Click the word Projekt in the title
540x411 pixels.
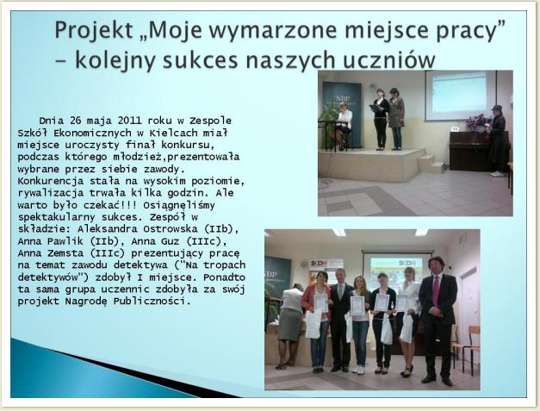pyautogui.click(x=94, y=30)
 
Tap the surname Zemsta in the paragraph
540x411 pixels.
pyautogui.click(x=66, y=252)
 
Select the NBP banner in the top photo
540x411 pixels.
pyautogui.click(x=342, y=114)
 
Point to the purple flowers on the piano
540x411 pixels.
pyautogui.click(x=478, y=122)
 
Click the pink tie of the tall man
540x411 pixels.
pyautogui.click(x=436, y=291)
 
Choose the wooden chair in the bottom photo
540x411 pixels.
pyautogui.click(x=470, y=348)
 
